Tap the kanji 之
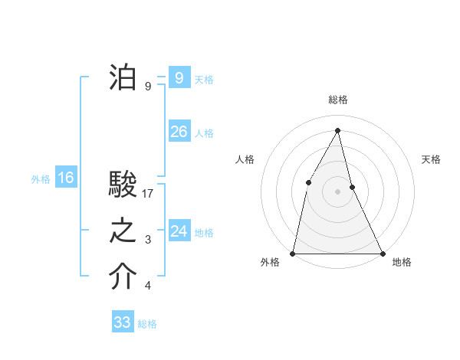click(x=123, y=231)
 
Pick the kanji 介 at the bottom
click(x=123, y=277)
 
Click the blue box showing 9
click(x=179, y=77)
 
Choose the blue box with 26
click(x=179, y=132)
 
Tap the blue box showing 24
click(x=179, y=231)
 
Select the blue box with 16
click(x=65, y=178)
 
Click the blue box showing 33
click(x=123, y=322)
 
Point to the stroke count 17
click(x=149, y=194)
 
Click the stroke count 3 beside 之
click(x=148, y=241)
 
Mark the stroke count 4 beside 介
click(x=148, y=286)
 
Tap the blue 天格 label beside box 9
click(x=204, y=80)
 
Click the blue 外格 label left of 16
click(x=41, y=180)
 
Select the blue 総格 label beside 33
click(x=147, y=324)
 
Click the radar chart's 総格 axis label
click(x=337, y=100)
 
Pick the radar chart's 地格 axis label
click(x=402, y=262)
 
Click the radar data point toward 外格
click(x=293, y=253)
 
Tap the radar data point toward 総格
click(x=337, y=130)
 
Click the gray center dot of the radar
click(x=337, y=191)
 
